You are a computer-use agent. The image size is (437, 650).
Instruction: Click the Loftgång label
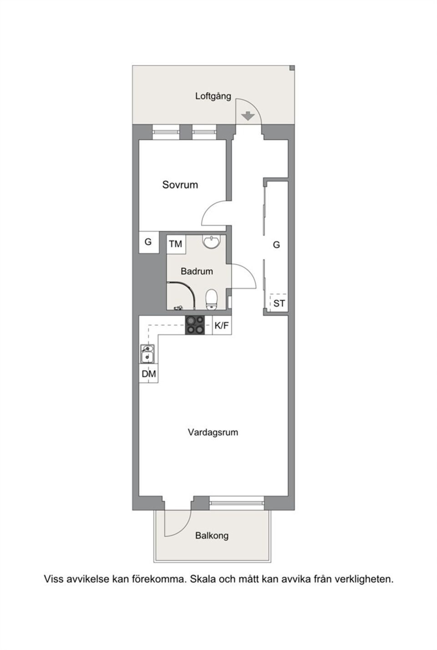(213, 96)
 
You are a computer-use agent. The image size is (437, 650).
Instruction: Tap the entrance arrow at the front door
(248, 116)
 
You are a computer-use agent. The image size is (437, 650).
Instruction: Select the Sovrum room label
(180, 185)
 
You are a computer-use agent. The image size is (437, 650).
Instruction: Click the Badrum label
(197, 272)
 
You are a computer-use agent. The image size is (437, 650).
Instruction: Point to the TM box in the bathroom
(176, 244)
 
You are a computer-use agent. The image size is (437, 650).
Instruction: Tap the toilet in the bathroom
(211, 299)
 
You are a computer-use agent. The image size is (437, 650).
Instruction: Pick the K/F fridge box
(222, 325)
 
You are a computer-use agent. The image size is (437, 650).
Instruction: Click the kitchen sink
(147, 354)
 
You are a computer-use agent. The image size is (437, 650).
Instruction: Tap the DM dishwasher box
(148, 374)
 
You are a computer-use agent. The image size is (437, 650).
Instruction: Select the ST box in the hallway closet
(279, 303)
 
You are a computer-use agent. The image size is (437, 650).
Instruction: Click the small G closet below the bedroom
(148, 242)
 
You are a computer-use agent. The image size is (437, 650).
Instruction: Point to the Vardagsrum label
(213, 432)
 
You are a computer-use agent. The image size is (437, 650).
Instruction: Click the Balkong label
(212, 535)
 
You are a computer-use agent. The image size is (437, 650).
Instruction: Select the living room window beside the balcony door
(237, 503)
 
